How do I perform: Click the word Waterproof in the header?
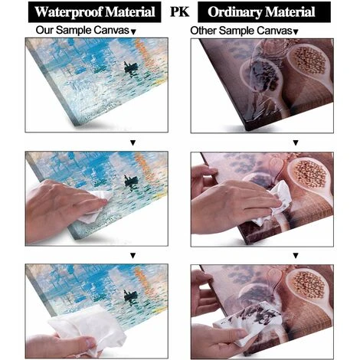pos(69,12)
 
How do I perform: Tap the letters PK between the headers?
pos(180,11)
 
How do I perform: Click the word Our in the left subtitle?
pos(44,30)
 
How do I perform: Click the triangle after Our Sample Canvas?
pos(133,32)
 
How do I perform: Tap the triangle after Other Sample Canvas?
pos(296,32)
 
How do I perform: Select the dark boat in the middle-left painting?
pos(132,182)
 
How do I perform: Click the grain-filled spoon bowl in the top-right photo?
pos(309,61)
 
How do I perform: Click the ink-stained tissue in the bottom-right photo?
pos(251,322)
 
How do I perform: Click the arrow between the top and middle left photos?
pos(133,143)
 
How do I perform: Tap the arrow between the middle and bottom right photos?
pos(296,255)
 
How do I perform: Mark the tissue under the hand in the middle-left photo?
pos(98,205)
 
